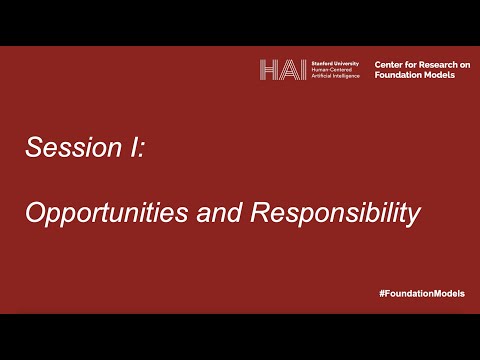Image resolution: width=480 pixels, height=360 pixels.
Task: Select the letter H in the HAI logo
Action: click(269, 69)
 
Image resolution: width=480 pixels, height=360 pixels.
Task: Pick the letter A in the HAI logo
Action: click(286, 69)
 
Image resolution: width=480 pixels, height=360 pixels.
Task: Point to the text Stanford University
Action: click(334, 62)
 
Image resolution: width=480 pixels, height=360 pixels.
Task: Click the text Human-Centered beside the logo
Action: click(332, 69)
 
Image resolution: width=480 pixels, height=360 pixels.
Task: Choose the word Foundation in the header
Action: click(399, 75)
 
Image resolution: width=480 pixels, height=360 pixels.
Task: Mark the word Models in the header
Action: click(444, 75)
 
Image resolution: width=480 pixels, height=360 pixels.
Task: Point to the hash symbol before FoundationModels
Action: click(382, 292)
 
